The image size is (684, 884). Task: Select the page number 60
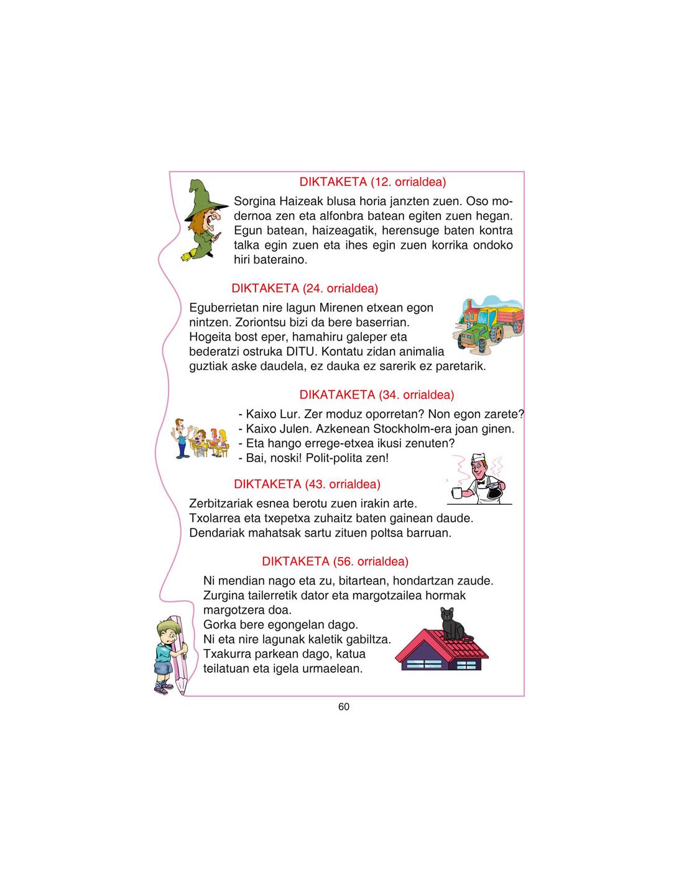tap(344, 707)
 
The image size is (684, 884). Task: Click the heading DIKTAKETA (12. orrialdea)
tap(372, 182)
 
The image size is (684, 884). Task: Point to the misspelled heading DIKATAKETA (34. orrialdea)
tap(377, 395)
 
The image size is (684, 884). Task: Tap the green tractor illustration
tap(479, 332)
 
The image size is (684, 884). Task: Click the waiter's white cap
tap(478, 459)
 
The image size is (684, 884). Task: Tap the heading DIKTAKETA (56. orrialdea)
tap(335, 561)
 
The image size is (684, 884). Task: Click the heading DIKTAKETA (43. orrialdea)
tap(307, 484)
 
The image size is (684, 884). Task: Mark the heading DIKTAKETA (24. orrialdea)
tap(305, 288)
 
